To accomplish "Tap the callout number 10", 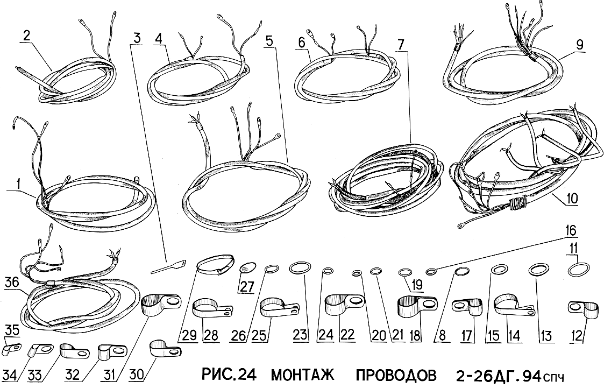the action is pyautogui.click(x=572, y=199).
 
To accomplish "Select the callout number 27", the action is pyautogui.click(x=248, y=287).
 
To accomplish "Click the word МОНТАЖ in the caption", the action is pyautogui.click(x=303, y=375).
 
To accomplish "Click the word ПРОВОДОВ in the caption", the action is pyautogui.click(x=396, y=375).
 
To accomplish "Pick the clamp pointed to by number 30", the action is pyautogui.click(x=165, y=349).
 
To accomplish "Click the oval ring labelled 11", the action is pyautogui.click(x=579, y=269).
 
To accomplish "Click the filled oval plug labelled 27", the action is pyautogui.click(x=248, y=267).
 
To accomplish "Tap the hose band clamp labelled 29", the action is pyautogui.click(x=216, y=264).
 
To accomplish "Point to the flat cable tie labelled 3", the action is pyautogui.click(x=168, y=267).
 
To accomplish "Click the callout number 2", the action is pyautogui.click(x=26, y=36).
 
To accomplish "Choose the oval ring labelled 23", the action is pyautogui.click(x=299, y=267).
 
